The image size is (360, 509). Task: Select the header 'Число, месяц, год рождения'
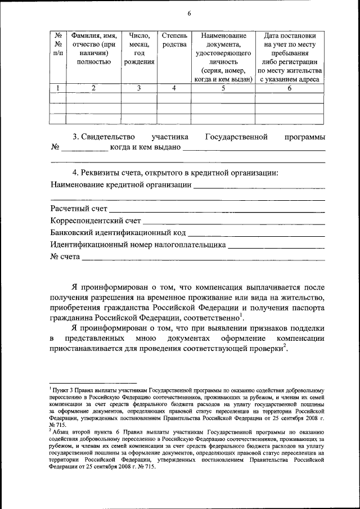click(139, 48)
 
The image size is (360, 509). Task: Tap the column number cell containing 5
click(223, 88)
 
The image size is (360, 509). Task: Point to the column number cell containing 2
click(93, 88)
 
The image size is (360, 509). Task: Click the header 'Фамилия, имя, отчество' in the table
click(93, 48)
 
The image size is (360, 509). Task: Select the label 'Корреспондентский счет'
click(95, 221)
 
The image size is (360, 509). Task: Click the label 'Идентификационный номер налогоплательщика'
click(138, 245)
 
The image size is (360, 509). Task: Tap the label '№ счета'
click(65, 257)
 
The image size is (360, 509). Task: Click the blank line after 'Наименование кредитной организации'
click(259, 185)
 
